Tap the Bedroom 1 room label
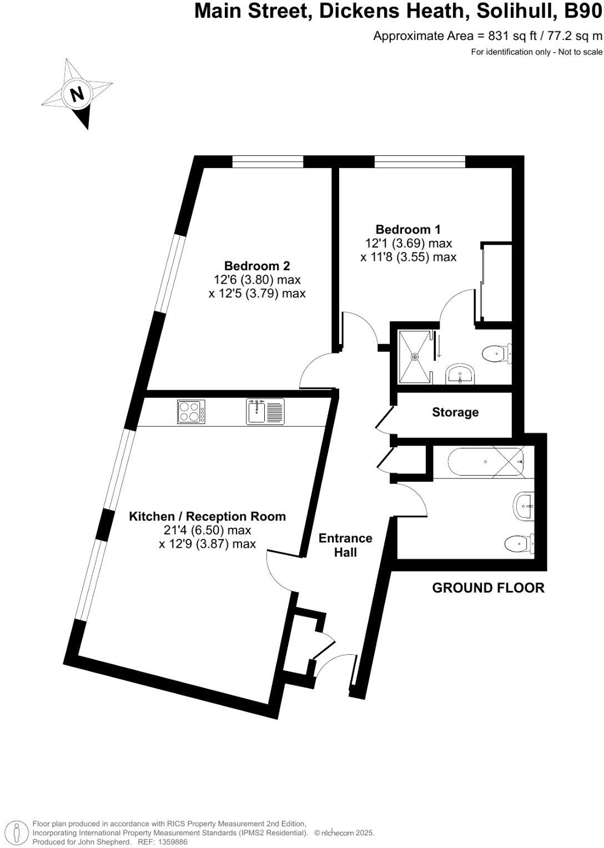408,229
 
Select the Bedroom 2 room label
257,266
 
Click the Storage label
455,412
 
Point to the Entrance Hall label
345,545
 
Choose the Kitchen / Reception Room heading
208,516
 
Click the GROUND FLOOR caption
488,588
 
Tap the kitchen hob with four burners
191,412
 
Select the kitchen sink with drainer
265,412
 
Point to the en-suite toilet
496,353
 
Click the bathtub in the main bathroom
478,462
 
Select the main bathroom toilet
520,543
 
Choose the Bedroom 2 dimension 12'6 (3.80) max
257,280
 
